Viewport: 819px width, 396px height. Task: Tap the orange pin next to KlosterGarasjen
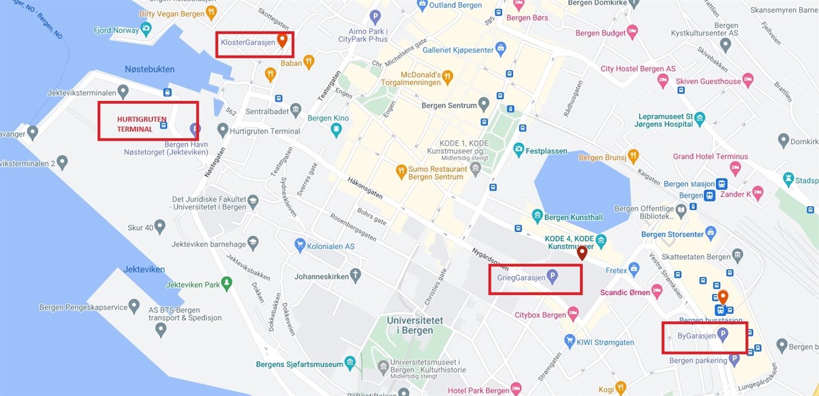pyautogui.click(x=282, y=41)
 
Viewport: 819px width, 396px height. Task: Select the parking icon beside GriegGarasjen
pyautogui.click(x=552, y=277)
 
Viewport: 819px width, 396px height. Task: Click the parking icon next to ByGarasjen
pyautogui.click(x=723, y=335)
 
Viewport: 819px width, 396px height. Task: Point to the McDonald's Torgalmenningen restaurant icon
pyautogui.click(x=447, y=77)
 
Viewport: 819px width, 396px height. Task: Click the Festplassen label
pyautogui.click(x=546, y=151)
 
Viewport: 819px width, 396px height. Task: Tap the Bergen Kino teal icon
pyautogui.click(x=336, y=130)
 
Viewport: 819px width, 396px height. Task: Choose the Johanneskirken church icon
pyautogui.click(x=356, y=275)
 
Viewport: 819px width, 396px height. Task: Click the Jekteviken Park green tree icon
pyautogui.click(x=227, y=284)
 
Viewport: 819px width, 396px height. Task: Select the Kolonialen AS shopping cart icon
pyautogui.click(x=300, y=245)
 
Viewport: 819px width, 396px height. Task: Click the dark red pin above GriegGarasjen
pyautogui.click(x=582, y=253)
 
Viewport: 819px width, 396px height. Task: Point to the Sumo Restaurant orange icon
pyautogui.click(x=400, y=172)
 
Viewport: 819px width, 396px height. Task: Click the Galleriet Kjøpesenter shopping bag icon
pyautogui.click(x=501, y=49)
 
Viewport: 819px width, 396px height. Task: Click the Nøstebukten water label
pyautogui.click(x=150, y=69)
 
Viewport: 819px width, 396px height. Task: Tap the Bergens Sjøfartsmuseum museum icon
pyautogui.click(x=350, y=363)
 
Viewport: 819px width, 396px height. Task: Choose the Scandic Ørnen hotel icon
pyautogui.click(x=657, y=291)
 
